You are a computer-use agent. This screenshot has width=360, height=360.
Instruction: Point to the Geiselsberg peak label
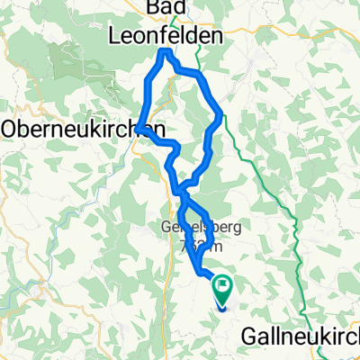pos(189,228)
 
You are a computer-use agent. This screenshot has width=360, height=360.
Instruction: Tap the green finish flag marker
pos(221,290)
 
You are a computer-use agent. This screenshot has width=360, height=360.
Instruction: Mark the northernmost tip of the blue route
pos(165,53)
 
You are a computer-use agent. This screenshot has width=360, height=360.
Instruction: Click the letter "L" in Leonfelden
pos(114,36)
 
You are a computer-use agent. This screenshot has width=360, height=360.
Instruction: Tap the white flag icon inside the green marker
pos(221,288)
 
